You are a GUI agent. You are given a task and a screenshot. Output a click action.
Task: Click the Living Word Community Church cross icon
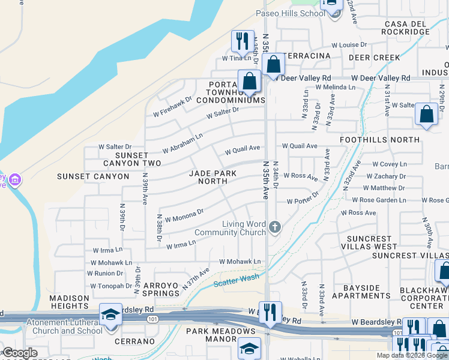[275, 227]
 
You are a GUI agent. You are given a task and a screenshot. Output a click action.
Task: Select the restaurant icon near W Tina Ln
[241, 41]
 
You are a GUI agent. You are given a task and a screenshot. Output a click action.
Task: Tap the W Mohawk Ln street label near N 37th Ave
[240, 262]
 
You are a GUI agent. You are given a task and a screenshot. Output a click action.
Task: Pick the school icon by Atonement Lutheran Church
[110, 314]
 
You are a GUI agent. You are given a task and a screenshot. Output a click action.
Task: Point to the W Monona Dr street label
[184, 215]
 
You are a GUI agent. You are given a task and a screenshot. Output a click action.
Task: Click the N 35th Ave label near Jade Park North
[265, 180]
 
